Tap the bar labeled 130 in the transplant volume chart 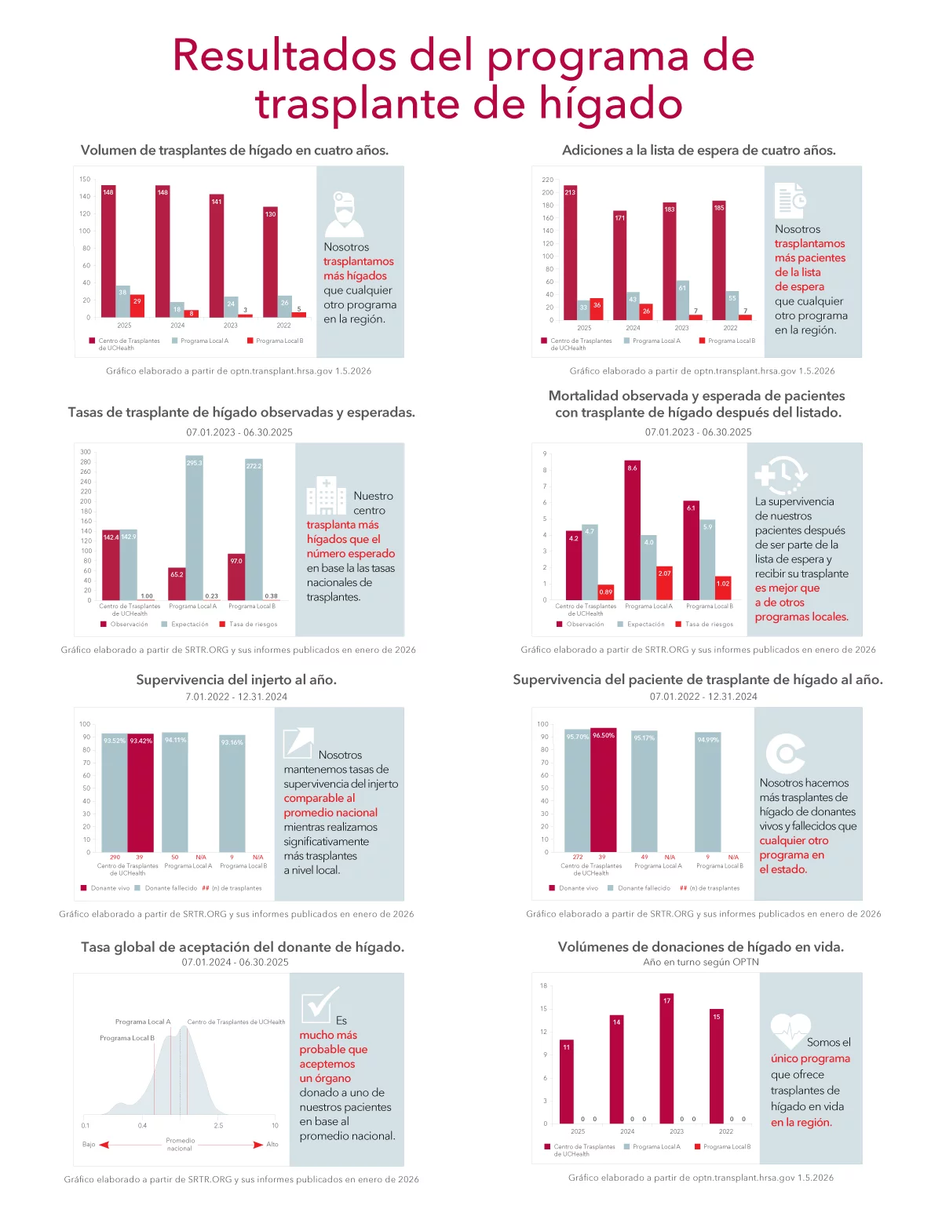(270, 263)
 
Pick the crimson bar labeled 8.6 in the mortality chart (632, 530)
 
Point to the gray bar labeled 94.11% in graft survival (175, 792)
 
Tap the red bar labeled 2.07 (664, 583)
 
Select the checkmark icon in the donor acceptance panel (319, 1002)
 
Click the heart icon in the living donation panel (790, 1028)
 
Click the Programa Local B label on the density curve (126, 1038)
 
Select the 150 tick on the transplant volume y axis (85, 179)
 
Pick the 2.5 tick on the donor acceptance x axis (218, 1125)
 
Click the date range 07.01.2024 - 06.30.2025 (235, 962)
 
